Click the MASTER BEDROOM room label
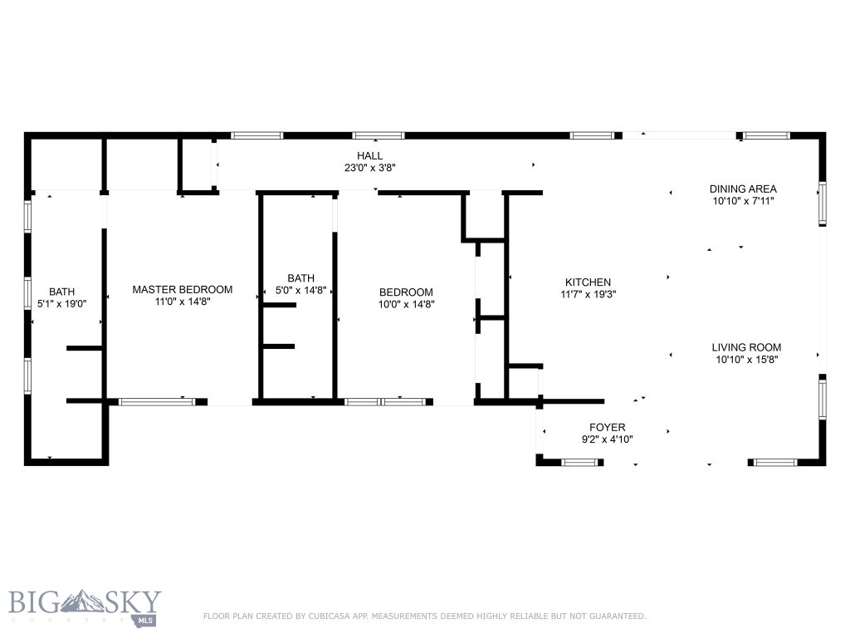pyautogui.click(x=183, y=290)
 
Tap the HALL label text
pyautogui.click(x=370, y=155)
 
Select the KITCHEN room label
pyautogui.click(x=588, y=282)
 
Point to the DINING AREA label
pyautogui.click(x=743, y=189)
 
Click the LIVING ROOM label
pyautogui.click(x=746, y=347)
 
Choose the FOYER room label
pyautogui.click(x=608, y=427)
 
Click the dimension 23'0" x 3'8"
pyautogui.click(x=370, y=168)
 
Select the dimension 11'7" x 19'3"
pyautogui.click(x=588, y=295)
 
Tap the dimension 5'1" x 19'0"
pyautogui.click(x=61, y=304)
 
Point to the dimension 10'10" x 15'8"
pyautogui.click(x=746, y=360)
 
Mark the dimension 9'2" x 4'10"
pyautogui.click(x=608, y=439)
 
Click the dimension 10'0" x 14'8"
pyautogui.click(x=406, y=304)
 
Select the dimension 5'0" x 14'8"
pyautogui.click(x=300, y=291)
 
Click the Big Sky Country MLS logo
pyautogui.click(x=85, y=607)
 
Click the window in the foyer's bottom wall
pyautogui.click(x=580, y=462)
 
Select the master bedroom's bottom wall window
pyautogui.click(x=157, y=402)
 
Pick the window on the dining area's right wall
pyautogui.click(x=823, y=204)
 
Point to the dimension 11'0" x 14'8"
pyautogui.click(x=183, y=302)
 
